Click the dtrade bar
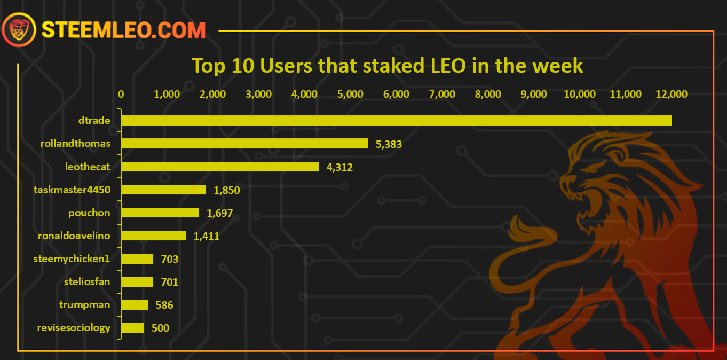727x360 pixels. (x=396, y=121)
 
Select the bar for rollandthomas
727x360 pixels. (x=244, y=144)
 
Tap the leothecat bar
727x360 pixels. (x=220, y=167)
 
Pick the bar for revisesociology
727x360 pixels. (x=132, y=328)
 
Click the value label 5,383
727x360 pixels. (x=389, y=144)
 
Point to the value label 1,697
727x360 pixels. (x=220, y=214)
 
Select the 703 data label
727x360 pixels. (x=170, y=259)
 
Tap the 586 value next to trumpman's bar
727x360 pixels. (x=164, y=306)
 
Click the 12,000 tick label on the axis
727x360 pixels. (x=671, y=94)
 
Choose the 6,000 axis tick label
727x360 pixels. (x=396, y=94)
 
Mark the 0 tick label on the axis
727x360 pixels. (x=121, y=94)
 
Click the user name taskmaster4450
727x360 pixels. (x=72, y=190)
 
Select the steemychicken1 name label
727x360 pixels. (x=72, y=259)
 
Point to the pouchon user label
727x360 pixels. (x=89, y=213)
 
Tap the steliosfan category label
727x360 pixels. (x=87, y=281)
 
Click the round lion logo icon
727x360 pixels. (x=19, y=29)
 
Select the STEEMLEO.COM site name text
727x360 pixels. (x=124, y=30)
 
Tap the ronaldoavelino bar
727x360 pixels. (x=153, y=236)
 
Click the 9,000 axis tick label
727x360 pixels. (x=534, y=94)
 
